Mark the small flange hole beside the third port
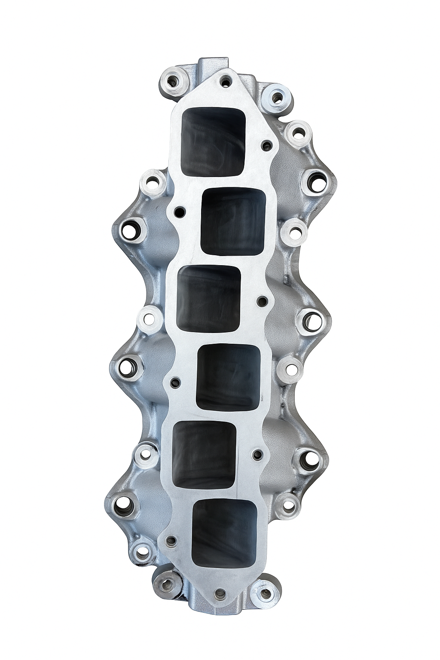point(263,299)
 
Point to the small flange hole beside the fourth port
point(175,381)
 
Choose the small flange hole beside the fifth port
point(257,455)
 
